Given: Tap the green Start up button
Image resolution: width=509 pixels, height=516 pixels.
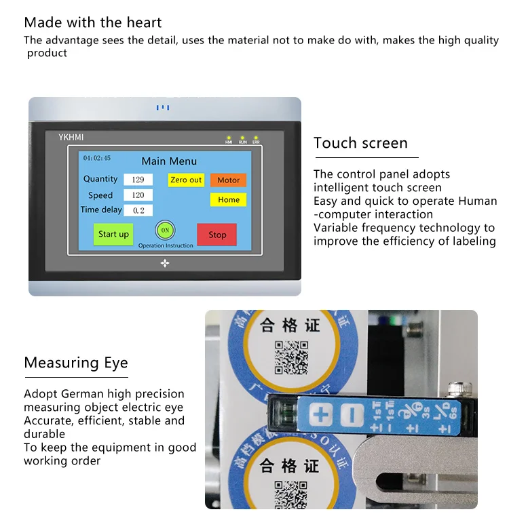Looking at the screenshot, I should [x=113, y=234].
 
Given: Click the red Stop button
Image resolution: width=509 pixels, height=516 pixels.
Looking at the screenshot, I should [x=217, y=235].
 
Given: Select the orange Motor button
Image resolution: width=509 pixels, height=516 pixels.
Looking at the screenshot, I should [x=228, y=180].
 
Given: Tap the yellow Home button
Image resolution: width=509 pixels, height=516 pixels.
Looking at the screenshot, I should [x=228, y=200].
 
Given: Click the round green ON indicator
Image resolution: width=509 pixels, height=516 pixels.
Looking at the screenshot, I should [x=165, y=230].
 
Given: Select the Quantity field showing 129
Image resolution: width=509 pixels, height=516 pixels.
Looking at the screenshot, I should [x=138, y=180].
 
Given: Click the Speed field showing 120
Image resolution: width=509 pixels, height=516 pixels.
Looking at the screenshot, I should [x=138, y=195].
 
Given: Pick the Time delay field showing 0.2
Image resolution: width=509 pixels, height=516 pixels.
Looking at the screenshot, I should [x=138, y=211].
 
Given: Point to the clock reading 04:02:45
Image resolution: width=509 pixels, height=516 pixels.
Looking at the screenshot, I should [x=97, y=158].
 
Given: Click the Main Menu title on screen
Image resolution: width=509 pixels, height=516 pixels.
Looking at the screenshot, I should [x=169, y=161].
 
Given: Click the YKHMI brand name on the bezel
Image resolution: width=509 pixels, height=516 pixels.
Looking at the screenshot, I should [x=70, y=138].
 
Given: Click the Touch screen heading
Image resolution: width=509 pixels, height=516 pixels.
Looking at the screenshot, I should [x=360, y=143].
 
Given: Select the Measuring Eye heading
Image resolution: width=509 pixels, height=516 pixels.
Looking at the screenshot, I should [x=76, y=363].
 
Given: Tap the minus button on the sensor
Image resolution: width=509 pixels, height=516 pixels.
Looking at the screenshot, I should [x=350, y=413].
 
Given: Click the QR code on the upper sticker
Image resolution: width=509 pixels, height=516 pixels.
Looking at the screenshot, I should [x=291, y=357].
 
